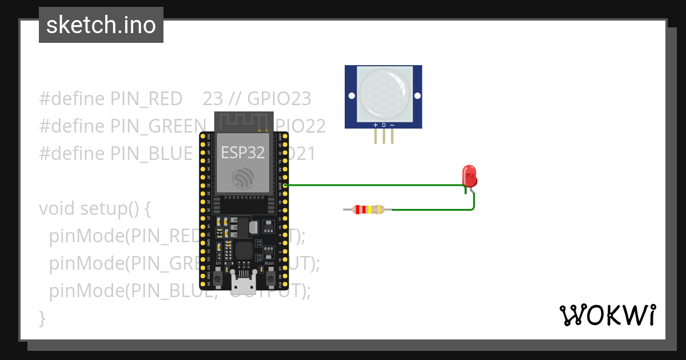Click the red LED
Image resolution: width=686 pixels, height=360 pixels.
pos(469,175)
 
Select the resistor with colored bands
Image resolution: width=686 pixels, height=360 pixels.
pos(368,210)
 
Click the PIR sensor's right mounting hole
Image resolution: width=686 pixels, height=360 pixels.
pos(417,95)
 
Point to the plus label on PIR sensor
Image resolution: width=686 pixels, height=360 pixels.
pos(376,125)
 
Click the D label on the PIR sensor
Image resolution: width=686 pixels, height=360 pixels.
pos(384,125)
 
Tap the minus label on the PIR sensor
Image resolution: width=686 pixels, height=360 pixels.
pos(392,125)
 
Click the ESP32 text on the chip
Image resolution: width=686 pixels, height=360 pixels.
pos(244,153)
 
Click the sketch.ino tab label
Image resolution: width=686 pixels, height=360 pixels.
pos(101,25)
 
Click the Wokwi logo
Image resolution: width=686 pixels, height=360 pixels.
pos(607,315)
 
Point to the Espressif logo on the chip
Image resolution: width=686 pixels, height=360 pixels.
pos(244,179)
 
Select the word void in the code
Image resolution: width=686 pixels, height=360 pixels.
pos(57,209)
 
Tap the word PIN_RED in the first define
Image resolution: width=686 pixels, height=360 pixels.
pos(146,99)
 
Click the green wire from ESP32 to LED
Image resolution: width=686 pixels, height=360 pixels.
pos(372,185)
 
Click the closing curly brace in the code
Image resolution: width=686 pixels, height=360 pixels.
pos(42,318)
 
